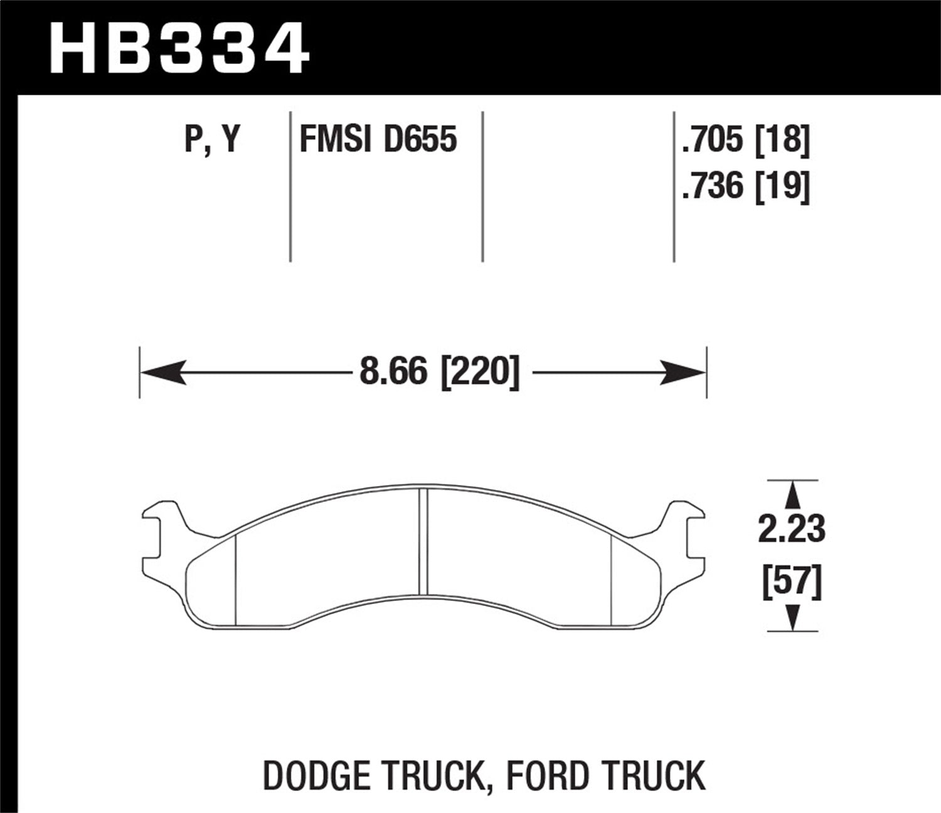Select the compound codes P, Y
pos(212,139)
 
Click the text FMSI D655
pos(378,139)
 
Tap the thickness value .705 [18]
pos(745,139)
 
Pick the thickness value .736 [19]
pos(745,186)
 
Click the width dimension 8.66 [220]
pos(440,373)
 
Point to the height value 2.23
pos(792,530)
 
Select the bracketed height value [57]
pos(792,582)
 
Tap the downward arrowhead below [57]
pos(793,618)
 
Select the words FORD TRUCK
pos(605,775)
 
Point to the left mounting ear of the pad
pos(160,530)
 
